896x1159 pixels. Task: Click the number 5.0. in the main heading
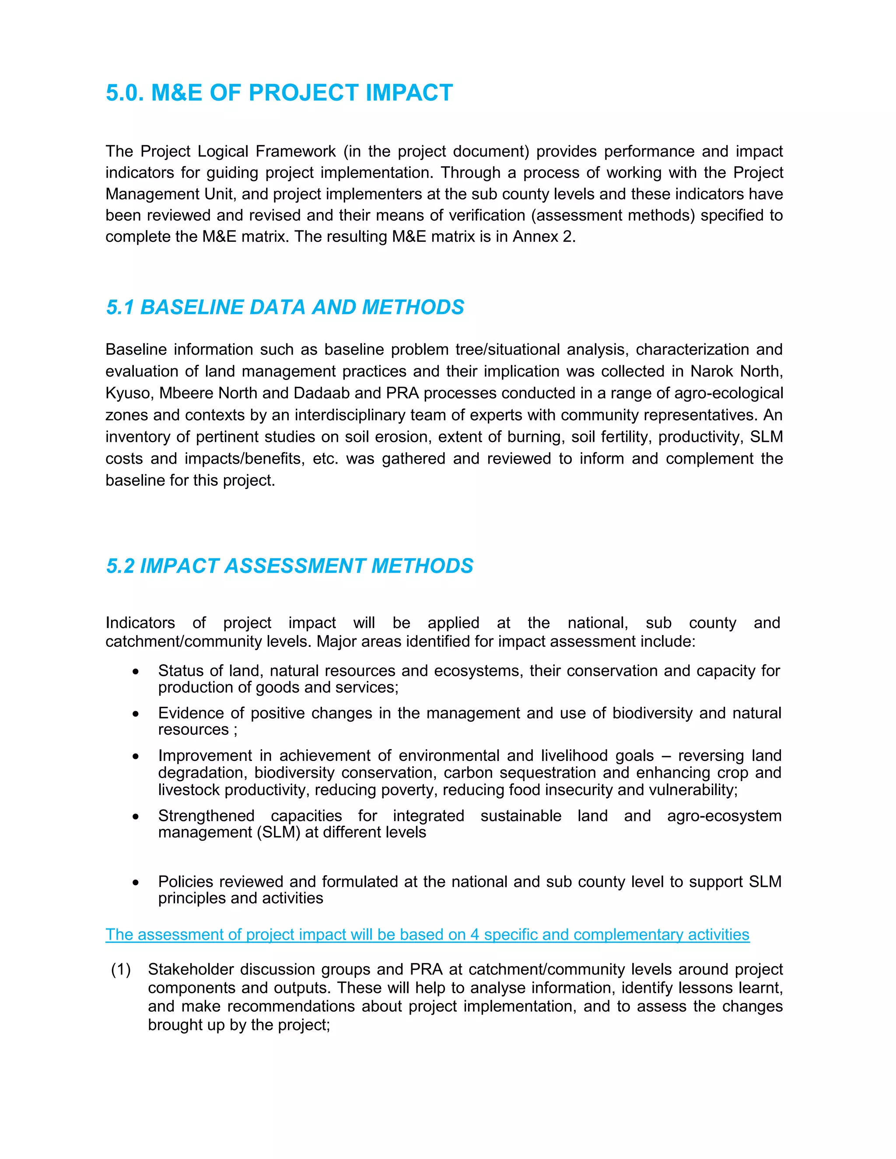pos(124,92)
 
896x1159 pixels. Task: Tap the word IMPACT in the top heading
pos(409,92)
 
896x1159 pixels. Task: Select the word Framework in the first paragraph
pos(295,151)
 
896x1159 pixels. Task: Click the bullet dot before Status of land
pos(136,672)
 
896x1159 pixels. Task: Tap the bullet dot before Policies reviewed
pos(136,883)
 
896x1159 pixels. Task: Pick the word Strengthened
pos(206,815)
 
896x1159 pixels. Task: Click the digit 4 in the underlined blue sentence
pos(475,934)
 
